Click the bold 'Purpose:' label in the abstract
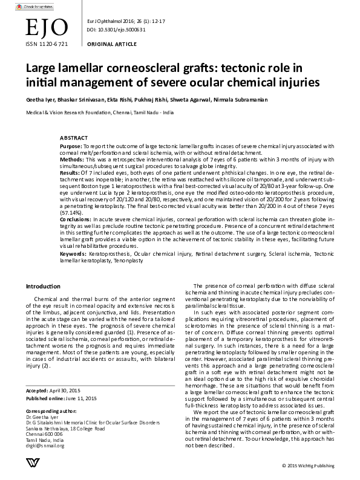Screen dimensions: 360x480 (x=72, y=146)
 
